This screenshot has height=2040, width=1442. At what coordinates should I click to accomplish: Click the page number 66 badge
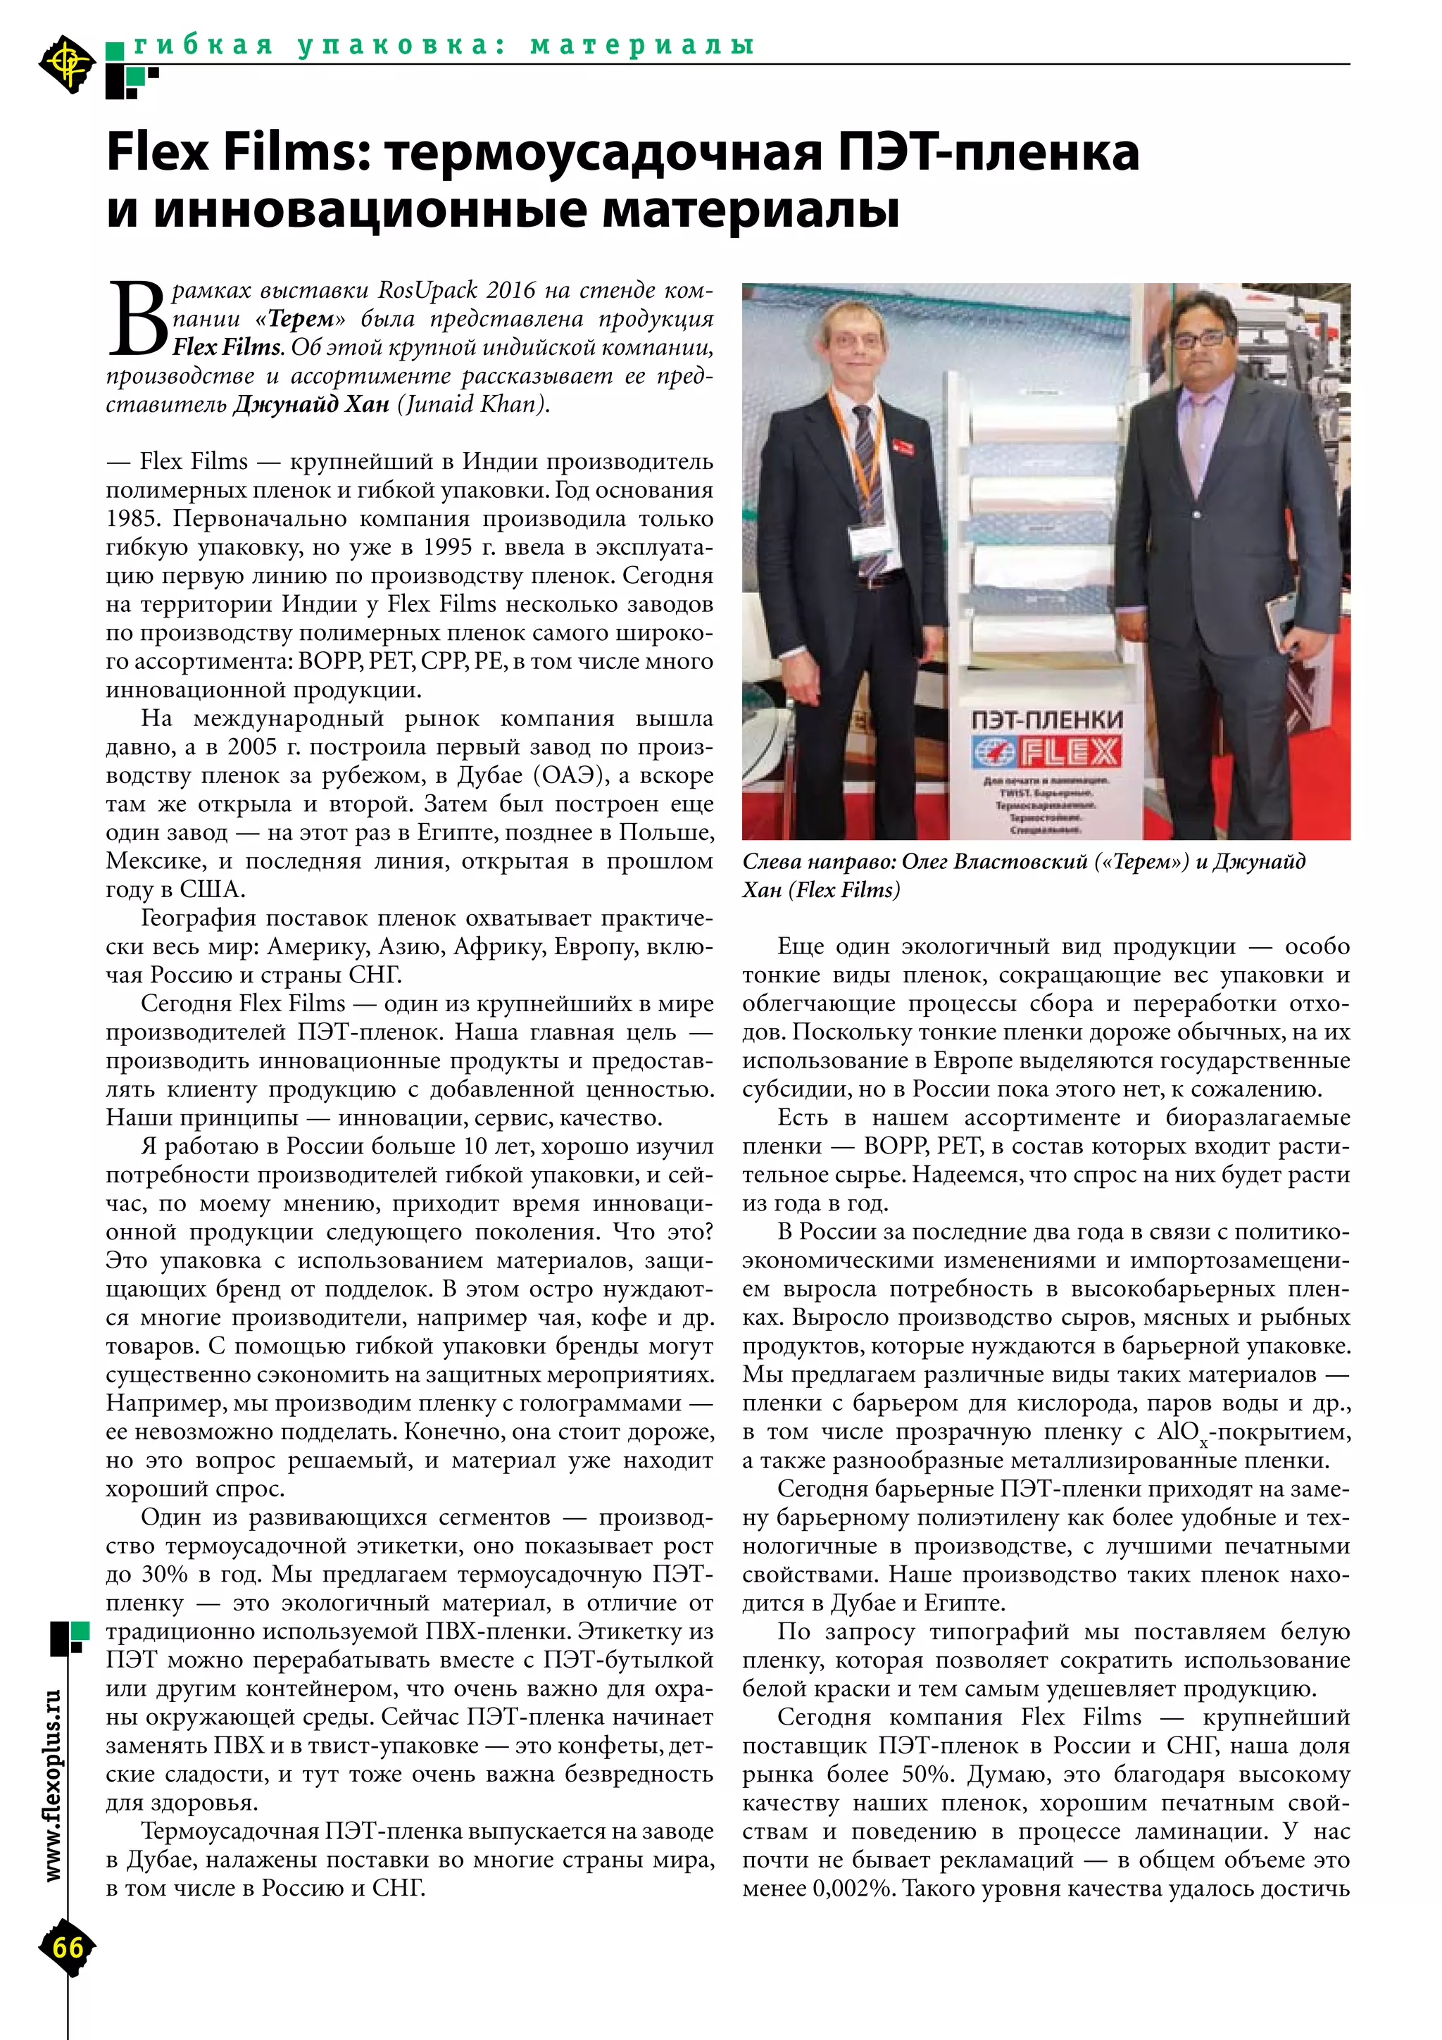pos(68,1948)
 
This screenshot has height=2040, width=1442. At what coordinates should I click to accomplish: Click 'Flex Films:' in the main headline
pos(237,152)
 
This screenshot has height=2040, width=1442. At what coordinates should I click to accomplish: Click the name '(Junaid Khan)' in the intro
pos(474,404)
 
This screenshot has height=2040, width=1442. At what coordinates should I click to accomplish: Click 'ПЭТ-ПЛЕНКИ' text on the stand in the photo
pos(1046,719)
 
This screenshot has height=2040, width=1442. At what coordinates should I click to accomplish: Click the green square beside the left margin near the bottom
pos(80,1632)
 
